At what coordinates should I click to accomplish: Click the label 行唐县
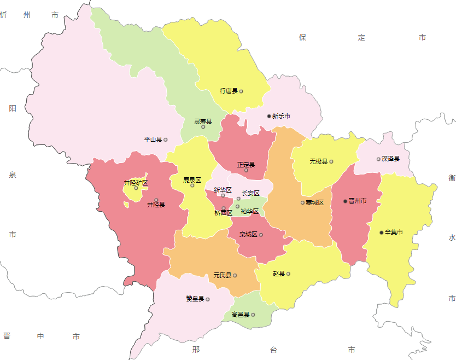point(229,91)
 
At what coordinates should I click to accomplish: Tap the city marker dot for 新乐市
point(269,116)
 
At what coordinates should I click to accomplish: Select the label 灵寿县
point(203,121)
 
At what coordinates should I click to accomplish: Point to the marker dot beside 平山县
point(166,140)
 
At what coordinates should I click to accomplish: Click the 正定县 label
point(246,164)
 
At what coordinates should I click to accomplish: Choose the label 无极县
point(318,161)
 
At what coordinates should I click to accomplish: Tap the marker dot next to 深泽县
point(378,159)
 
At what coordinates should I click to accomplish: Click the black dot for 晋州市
point(345,201)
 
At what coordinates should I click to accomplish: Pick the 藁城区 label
point(315,203)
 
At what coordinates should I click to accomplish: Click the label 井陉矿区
point(136,183)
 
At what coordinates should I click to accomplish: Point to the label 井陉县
point(156,205)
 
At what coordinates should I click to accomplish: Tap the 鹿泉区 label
point(192,179)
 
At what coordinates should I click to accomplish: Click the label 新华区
point(223,190)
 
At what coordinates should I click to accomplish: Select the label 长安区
point(250,193)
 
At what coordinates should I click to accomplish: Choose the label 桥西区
point(223,213)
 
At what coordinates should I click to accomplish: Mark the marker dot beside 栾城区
point(261,235)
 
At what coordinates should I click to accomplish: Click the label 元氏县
point(223,275)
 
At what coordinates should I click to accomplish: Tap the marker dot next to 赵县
point(288,274)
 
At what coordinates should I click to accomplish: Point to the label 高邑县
point(240,315)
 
